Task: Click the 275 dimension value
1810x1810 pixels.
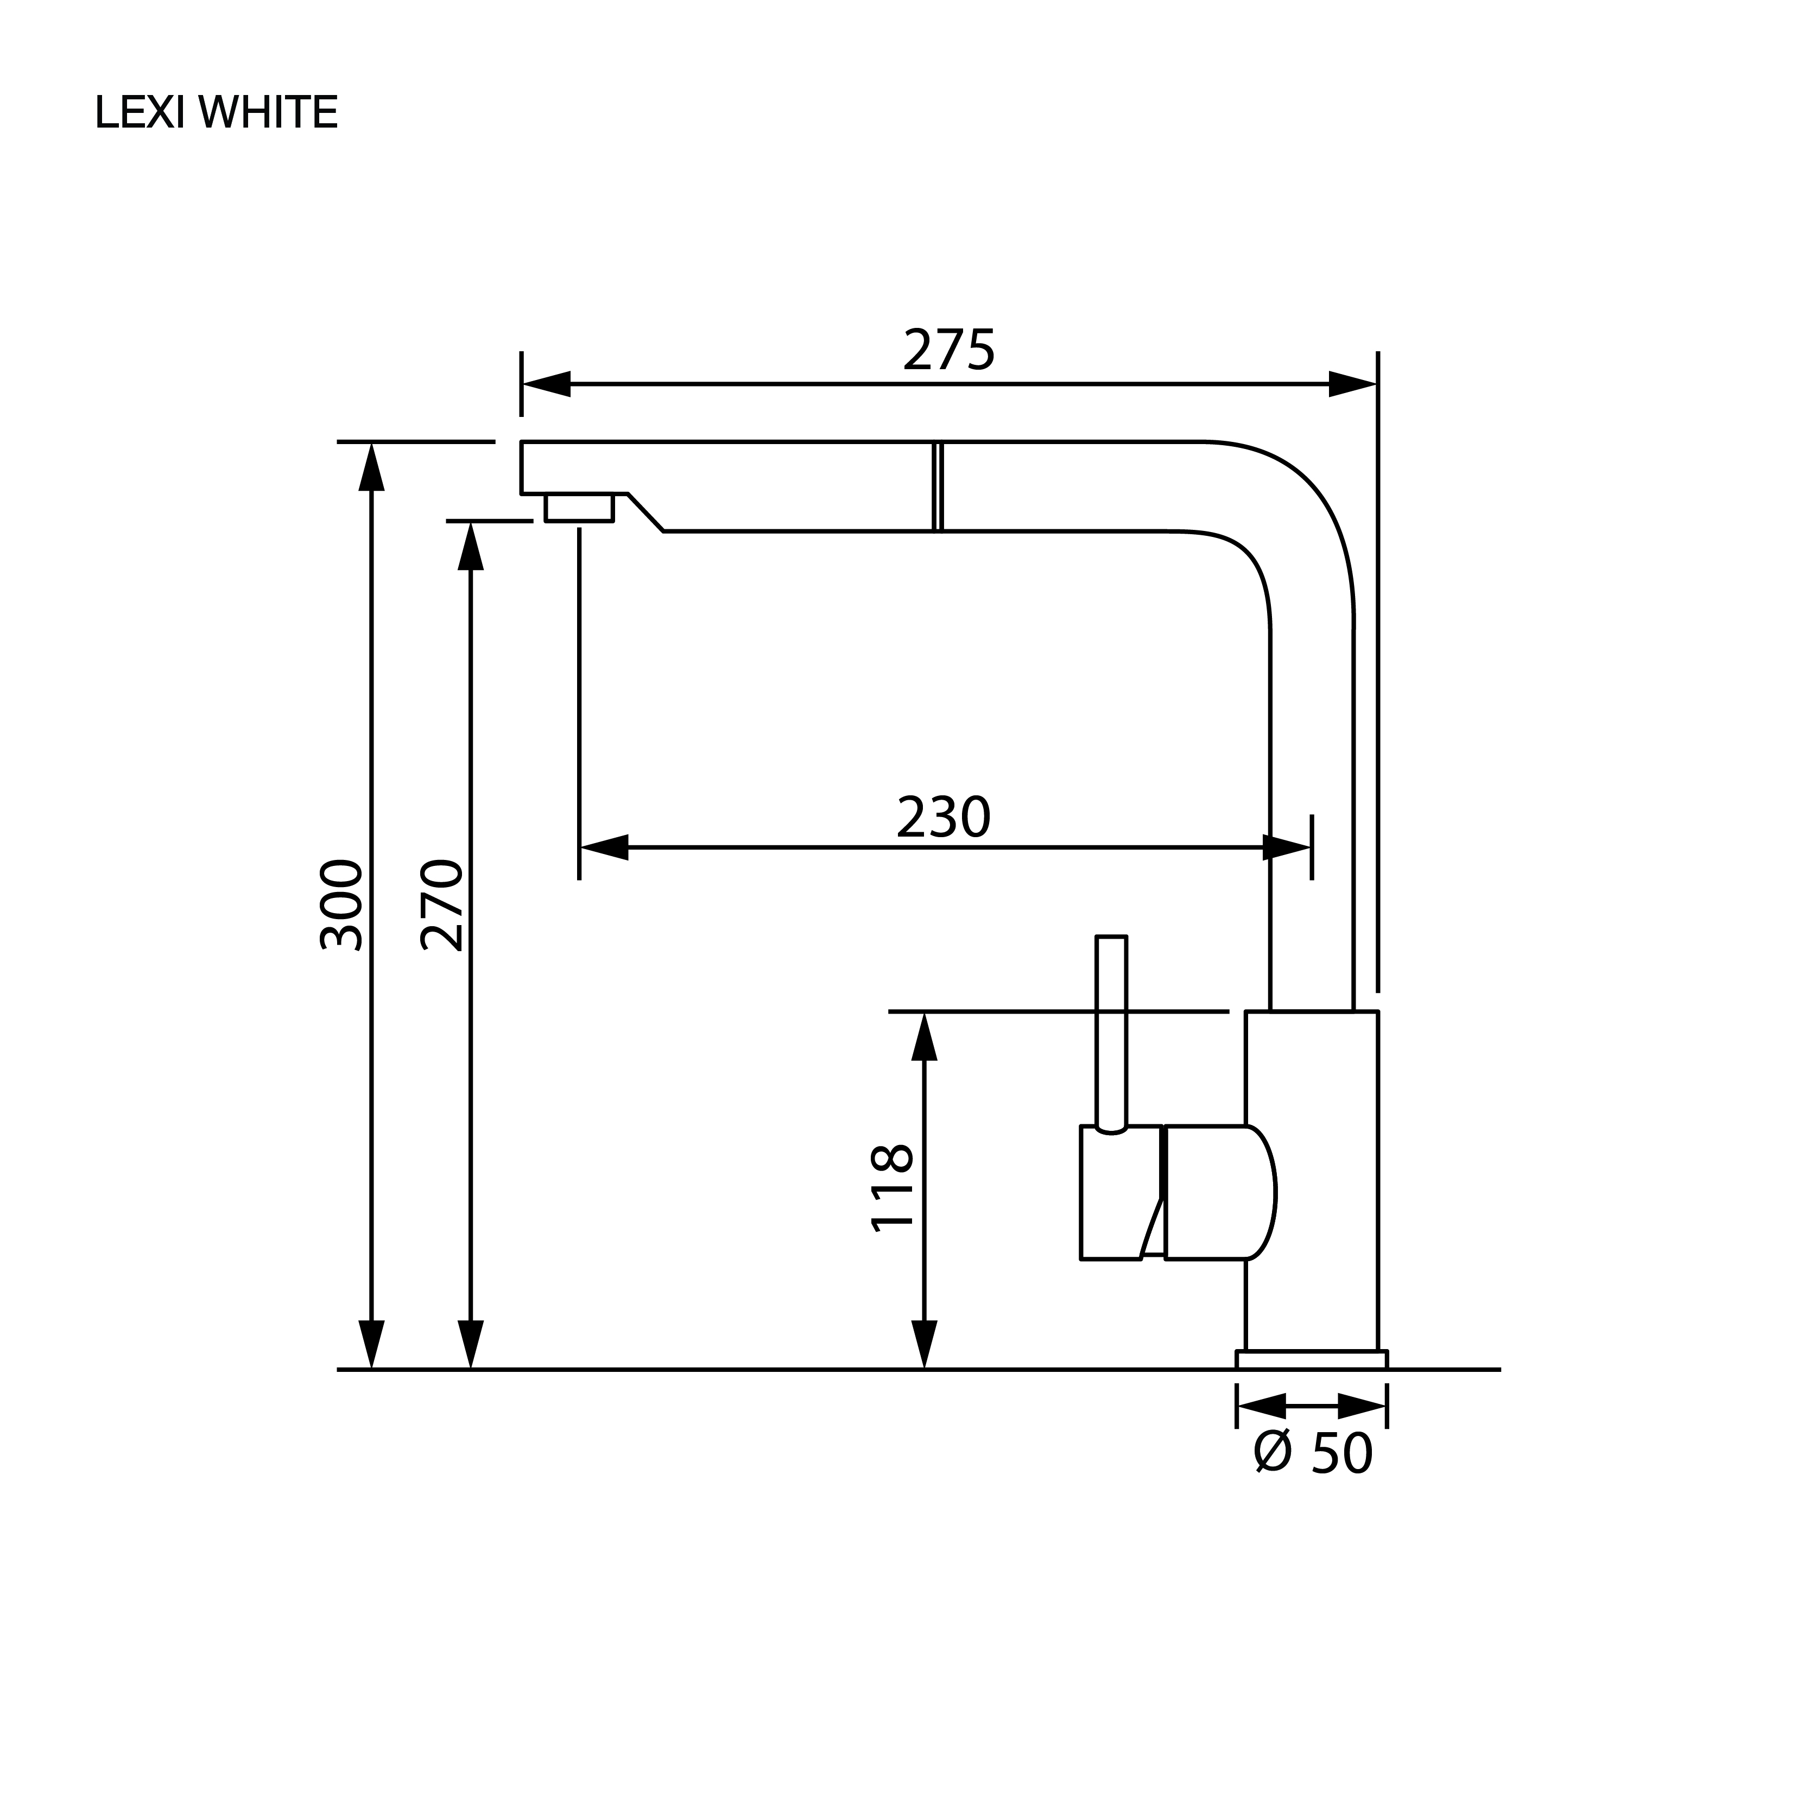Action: [949, 350]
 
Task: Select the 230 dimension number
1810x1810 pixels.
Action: [944, 818]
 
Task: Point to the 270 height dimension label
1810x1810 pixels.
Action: [441, 905]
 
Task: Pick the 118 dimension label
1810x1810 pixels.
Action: [892, 1187]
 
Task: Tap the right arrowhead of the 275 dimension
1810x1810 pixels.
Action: [1353, 384]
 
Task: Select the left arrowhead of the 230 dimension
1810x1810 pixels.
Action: [604, 848]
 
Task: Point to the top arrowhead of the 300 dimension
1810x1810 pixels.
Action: [372, 466]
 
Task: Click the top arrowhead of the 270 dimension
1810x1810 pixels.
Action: [470, 545]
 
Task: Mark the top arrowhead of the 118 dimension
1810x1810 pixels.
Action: [925, 1036]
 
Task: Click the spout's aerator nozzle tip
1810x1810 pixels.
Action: [579, 507]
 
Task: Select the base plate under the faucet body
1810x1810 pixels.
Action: [1312, 1359]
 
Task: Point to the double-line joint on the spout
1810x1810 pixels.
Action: [938, 486]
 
